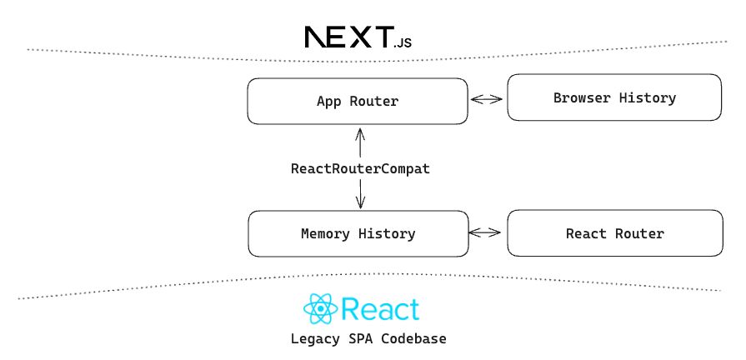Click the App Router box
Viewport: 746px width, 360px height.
358,102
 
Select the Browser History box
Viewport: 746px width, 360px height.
614,98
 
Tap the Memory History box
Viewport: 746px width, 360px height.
358,233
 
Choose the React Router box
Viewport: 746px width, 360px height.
614,233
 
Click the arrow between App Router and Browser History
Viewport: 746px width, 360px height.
487,100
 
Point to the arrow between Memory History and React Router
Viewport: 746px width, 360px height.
487,233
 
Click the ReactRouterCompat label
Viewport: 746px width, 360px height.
360,168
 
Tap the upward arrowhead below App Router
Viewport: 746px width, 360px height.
360,132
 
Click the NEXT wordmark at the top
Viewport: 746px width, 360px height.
348,37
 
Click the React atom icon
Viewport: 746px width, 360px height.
321,310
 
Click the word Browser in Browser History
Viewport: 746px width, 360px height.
580,98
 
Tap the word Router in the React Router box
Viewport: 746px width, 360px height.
640,233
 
